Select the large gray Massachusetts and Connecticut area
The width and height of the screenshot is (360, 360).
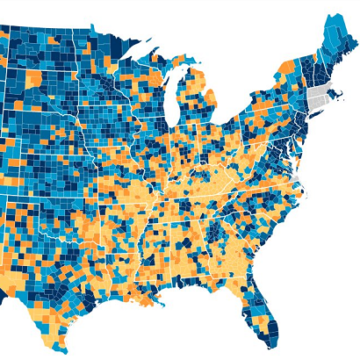point(318,98)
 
